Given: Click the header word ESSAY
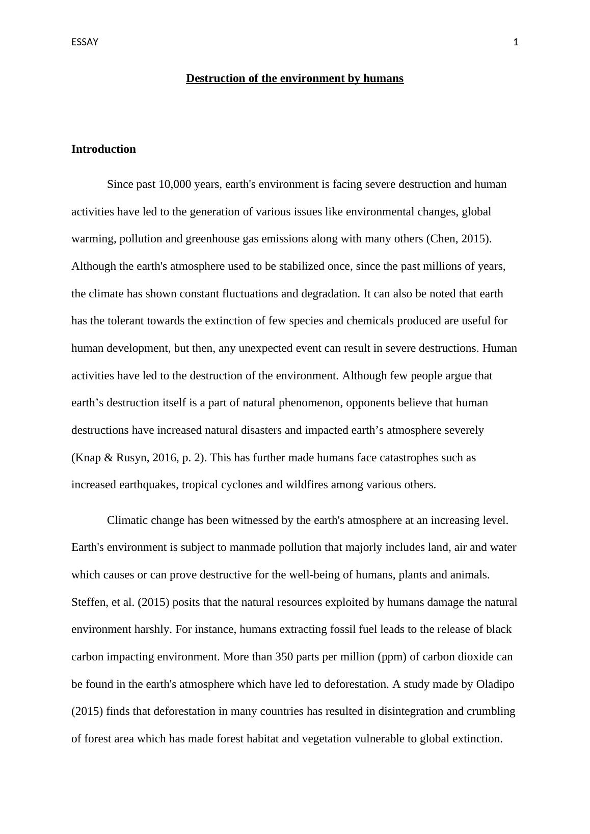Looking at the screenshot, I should pos(85,42).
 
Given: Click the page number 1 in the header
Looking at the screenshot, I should pos(516,42).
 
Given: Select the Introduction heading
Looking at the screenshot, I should pos(103,149).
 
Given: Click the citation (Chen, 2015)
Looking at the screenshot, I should pos(459,239).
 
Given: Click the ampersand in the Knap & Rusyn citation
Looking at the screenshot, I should pos(109,458).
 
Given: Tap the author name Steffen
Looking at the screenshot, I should pos(88,602).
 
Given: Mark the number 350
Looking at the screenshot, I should pos(284,657).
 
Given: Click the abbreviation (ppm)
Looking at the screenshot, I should pos(392,657).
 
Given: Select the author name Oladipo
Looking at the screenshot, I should pos(495,684).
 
